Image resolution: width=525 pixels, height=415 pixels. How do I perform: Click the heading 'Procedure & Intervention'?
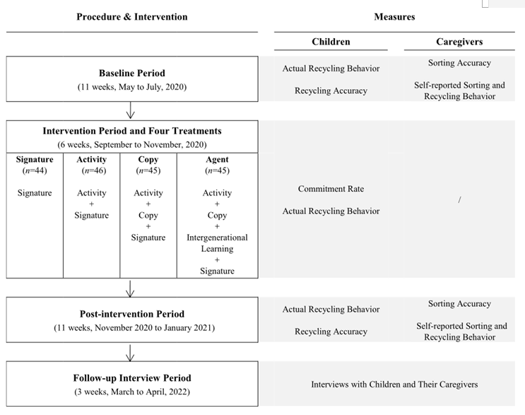pos(132,17)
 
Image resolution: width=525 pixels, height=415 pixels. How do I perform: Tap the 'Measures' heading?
pos(394,17)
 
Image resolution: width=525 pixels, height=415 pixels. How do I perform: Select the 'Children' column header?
pos(331,42)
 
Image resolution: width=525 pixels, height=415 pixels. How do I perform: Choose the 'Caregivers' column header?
pos(459,42)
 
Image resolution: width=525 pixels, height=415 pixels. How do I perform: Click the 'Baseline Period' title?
pos(132,74)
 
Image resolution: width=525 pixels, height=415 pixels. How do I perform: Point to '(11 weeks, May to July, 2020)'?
pos(132,88)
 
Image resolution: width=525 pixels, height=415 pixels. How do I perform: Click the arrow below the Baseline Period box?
pos(131,110)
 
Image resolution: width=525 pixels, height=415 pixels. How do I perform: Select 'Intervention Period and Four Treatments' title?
pos(132,131)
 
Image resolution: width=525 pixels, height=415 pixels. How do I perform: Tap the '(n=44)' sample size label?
pos(35,170)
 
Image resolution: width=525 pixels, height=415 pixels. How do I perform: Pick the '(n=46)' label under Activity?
pos(92,170)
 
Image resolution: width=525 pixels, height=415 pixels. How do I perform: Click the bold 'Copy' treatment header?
pos(148,160)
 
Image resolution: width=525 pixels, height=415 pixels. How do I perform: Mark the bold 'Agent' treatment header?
pos(217,160)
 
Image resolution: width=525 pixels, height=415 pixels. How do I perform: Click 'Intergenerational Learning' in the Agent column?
pos(217,243)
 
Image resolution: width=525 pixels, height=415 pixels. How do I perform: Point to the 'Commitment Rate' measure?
pos(331,189)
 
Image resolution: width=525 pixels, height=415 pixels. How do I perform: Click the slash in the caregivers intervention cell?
pos(459,200)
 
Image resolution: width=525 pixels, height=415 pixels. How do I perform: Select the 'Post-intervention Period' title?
pos(132,314)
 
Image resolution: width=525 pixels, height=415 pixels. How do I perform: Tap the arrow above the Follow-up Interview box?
pos(131,351)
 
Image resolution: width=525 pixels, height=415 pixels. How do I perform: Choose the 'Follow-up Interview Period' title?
pos(132,378)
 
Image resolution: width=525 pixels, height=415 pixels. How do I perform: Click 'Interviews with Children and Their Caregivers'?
pos(394,385)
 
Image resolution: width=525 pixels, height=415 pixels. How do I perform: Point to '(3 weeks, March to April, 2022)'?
pos(132,392)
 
